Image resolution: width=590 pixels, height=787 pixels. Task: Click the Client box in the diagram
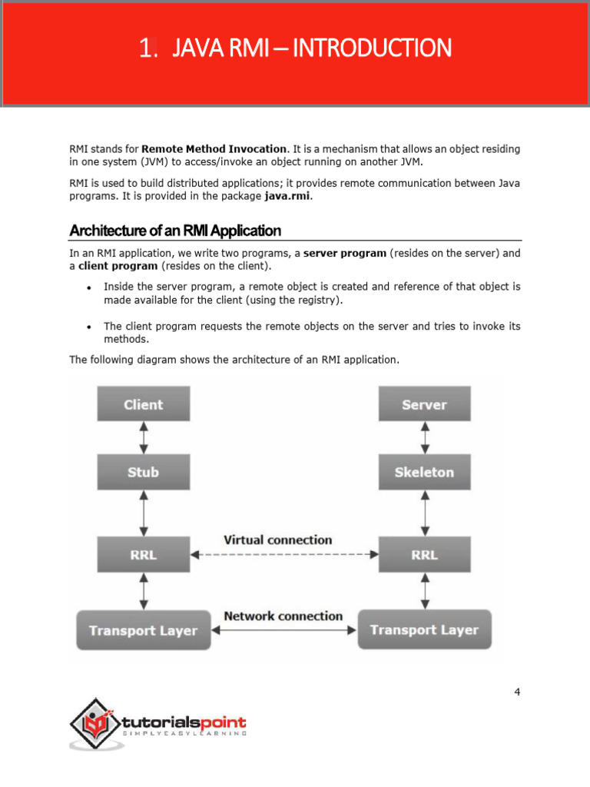144,404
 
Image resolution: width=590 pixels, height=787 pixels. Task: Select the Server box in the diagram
424,404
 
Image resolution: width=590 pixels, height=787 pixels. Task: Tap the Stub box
144,472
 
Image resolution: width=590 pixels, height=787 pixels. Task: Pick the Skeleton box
424,472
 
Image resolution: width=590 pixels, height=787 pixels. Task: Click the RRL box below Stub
144,554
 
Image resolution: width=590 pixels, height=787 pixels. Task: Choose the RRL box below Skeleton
424,554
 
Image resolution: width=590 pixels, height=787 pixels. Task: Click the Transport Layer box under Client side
143,630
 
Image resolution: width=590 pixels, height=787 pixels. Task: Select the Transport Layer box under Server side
424,630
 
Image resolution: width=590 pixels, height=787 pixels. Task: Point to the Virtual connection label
277,540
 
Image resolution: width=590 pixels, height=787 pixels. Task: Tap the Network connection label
283,616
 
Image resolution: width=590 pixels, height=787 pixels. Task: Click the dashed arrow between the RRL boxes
283,554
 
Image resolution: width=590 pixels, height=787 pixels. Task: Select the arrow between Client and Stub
144,438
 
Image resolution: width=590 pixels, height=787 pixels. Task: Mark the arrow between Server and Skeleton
425,438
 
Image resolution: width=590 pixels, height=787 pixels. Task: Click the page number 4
517,692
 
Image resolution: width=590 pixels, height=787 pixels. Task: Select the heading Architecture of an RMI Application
175,231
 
